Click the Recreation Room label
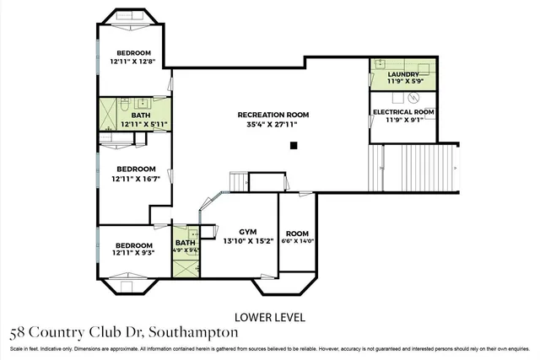click(x=273, y=114)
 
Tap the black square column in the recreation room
click(x=293, y=146)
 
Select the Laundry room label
click(x=403, y=74)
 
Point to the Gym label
click(x=247, y=230)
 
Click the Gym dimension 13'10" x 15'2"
click(x=247, y=241)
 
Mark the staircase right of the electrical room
click(x=426, y=168)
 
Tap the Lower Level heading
click(x=271, y=317)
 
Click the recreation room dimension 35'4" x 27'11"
click(x=273, y=125)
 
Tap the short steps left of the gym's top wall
click(x=237, y=182)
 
